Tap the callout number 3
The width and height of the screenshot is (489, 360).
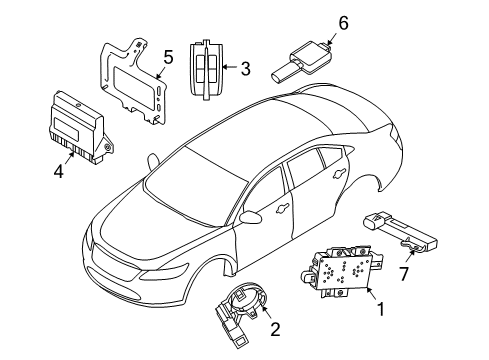pos(244,68)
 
